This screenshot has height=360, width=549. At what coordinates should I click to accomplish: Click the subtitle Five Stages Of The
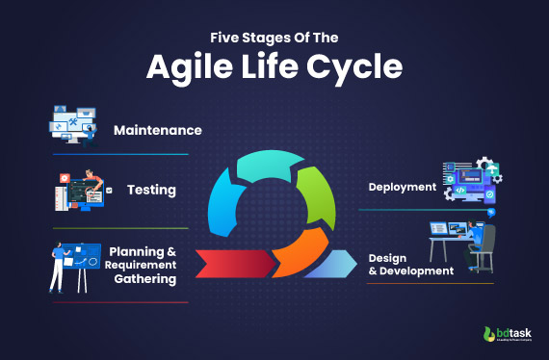(x=274, y=39)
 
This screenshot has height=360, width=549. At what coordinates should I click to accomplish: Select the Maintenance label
(x=157, y=129)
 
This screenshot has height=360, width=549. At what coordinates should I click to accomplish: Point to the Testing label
(x=151, y=190)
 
